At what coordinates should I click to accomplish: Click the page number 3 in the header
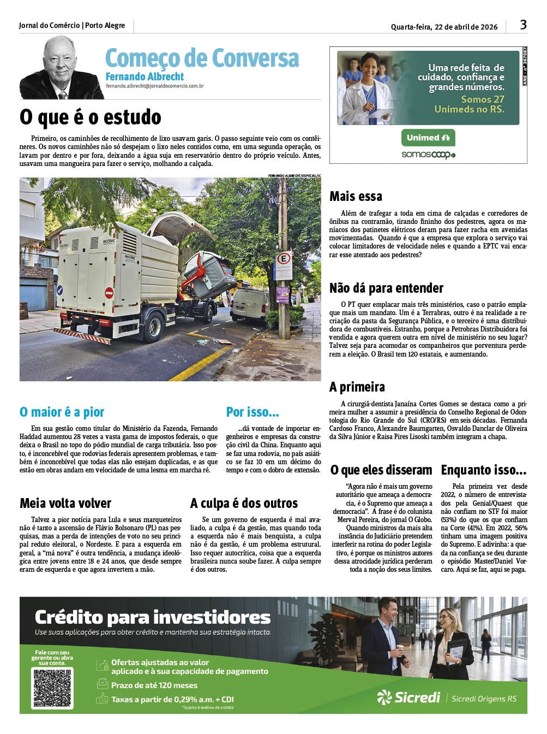(523, 25)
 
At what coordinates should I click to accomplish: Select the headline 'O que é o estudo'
(91, 117)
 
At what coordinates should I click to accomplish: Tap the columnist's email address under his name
(154, 86)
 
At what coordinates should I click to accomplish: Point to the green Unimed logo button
(428, 138)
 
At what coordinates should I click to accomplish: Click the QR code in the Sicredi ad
(53, 688)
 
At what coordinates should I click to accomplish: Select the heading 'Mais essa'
(356, 196)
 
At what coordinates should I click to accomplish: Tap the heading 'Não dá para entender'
(386, 288)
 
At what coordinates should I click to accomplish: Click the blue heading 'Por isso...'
(253, 412)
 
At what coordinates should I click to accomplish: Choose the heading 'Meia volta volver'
(65, 503)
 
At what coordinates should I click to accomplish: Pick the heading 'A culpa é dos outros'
(244, 503)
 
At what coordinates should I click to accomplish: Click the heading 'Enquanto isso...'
(483, 470)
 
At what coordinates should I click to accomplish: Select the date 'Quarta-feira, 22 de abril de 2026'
(444, 27)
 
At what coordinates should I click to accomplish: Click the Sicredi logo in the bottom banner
(408, 697)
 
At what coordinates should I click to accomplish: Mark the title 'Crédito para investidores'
(153, 617)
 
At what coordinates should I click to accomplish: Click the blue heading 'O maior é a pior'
(62, 412)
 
